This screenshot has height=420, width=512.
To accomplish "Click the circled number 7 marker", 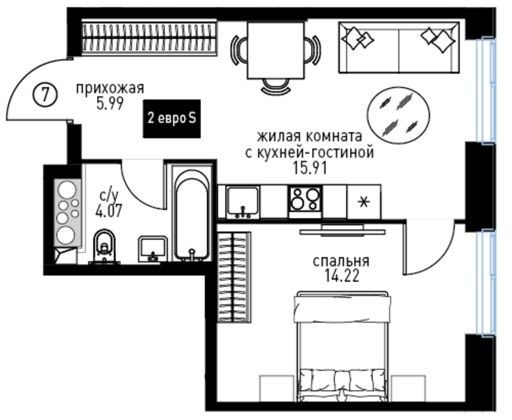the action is [45, 95].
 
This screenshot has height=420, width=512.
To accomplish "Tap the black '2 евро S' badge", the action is [172, 118].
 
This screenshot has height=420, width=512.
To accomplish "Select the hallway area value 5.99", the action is [110, 103].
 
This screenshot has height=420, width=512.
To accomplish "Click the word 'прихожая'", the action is [110, 88].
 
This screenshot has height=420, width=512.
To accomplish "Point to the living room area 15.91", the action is [310, 168].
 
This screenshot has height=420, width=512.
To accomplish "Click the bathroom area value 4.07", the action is [109, 210].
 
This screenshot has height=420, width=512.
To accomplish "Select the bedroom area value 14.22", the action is [342, 276].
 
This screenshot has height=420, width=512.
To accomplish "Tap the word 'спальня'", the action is [341, 261].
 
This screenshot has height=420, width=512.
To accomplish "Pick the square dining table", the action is [276, 50].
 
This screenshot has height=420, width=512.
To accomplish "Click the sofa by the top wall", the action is [399, 47].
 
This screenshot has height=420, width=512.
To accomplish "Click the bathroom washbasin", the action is [153, 249].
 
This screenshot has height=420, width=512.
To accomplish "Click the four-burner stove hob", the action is [305, 199].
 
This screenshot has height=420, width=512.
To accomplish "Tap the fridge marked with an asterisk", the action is [364, 202].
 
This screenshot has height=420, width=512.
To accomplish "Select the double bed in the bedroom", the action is [342, 348].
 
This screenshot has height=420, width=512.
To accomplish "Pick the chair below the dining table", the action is [276, 86].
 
